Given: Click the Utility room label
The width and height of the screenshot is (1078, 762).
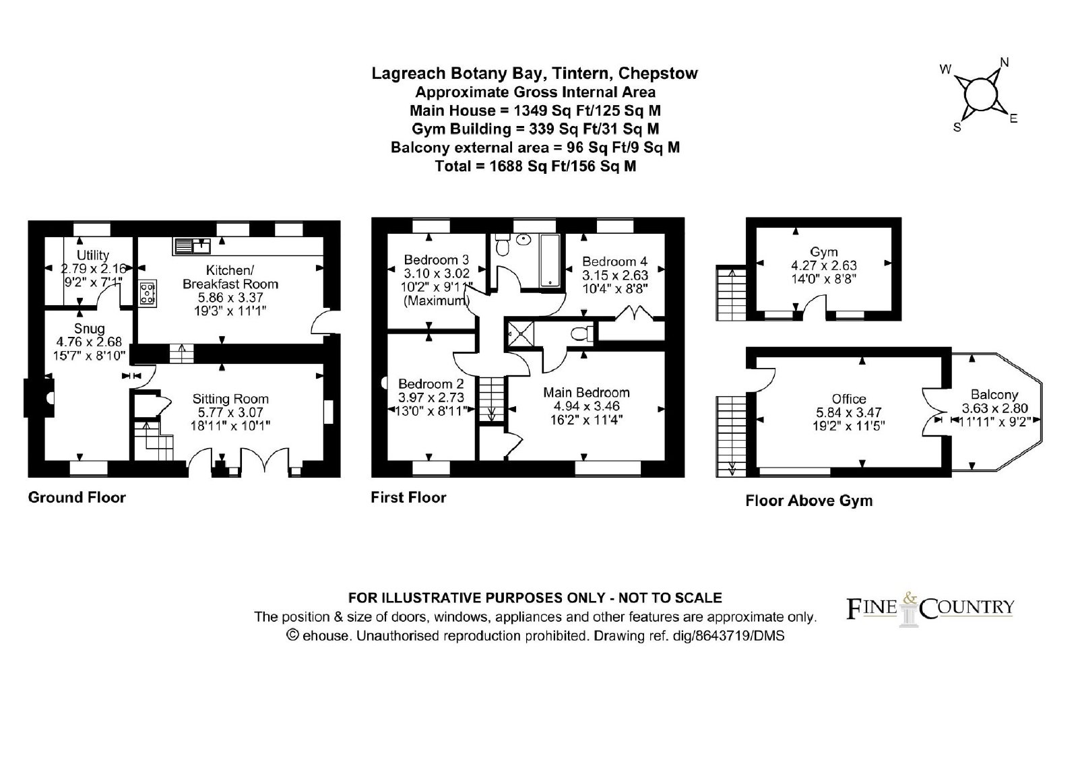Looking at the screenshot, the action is click(x=93, y=255).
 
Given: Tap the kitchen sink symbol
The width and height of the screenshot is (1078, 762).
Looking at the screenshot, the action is click(x=192, y=246).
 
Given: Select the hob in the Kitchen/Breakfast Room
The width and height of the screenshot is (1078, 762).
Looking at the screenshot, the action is click(x=148, y=293).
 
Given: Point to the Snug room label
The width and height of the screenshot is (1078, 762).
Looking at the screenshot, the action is click(x=89, y=328).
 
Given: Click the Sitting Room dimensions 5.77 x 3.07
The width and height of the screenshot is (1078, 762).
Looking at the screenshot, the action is click(x=230, y=412).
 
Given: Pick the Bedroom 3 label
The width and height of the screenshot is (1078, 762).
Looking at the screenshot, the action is click(x=436, y=260).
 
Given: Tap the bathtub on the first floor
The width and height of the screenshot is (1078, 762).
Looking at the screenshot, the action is click(x=550, y=261).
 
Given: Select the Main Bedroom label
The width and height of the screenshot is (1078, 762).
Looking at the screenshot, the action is click(x=586, y=392).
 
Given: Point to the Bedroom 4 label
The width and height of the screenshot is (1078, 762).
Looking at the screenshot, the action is click(x=614, y=261).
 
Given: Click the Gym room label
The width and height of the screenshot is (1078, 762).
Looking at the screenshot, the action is click(x=823, y=252).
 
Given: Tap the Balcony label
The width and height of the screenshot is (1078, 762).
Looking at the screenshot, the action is click(x=994, y=395).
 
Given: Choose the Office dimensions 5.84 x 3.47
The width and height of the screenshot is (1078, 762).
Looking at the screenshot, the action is click(x=848, y=412).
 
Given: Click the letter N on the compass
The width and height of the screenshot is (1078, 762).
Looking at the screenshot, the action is click(x=1005, y=63).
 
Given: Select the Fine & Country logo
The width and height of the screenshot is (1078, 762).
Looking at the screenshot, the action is click(x=930, y=608).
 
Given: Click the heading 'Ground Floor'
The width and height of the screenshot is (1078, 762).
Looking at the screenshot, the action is click(x=77, y=497).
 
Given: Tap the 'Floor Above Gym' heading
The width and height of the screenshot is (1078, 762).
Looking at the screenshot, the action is click(x=809, y=501).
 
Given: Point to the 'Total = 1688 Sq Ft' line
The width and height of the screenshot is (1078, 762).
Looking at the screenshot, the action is click(x=535, y=166).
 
